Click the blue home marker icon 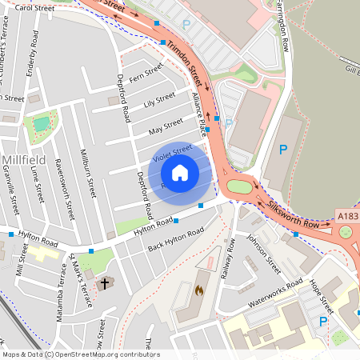click(x=180, y=171)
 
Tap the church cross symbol click(x=104, y=283)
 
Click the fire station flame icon click(x=199, y=291)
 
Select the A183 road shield click(x=348, y=216)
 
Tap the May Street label click(x=166, y=126)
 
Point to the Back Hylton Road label click(x=175, y=238)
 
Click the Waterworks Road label click(x=274, y=287)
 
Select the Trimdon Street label click(x=185, y=64)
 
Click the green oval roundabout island click(x=239, y=186)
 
